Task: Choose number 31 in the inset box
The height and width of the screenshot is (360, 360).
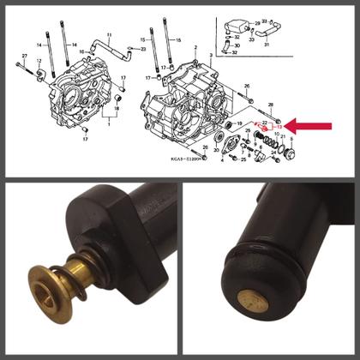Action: coord(267,44)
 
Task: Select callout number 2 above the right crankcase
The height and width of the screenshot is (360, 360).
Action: coord(195,47)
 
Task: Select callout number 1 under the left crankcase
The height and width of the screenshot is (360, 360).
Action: coord(109,123)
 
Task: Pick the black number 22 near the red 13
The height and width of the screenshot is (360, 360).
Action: coord(265,126)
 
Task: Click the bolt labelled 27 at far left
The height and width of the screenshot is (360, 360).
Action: coord(19,65)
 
